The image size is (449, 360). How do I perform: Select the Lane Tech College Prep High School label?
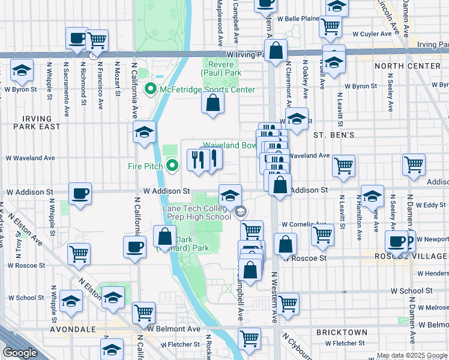196,212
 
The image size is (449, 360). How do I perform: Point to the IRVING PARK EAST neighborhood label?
33,122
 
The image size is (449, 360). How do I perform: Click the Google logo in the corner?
20,353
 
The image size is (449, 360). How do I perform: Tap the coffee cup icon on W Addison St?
80,193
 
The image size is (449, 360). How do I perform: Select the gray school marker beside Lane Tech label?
241,212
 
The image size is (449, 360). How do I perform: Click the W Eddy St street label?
427,205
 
